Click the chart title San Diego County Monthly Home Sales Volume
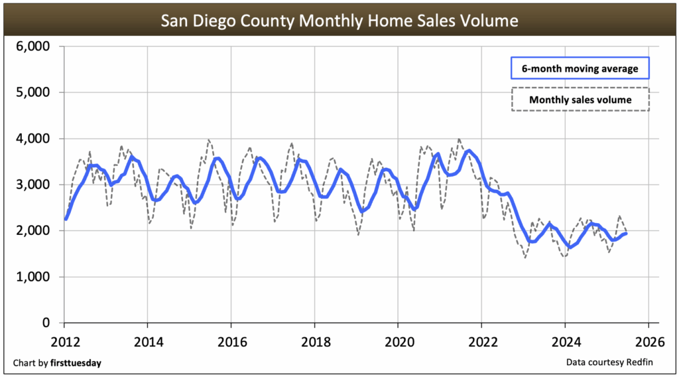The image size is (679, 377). point(339,21)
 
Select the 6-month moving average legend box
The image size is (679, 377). point(580,68)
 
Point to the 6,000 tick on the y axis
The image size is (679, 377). point(32,46)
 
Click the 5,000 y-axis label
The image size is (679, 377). point(32,92)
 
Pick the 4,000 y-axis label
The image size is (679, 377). point(32,139)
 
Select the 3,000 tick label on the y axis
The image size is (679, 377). point(32,185)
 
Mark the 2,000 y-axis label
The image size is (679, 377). point(32,230)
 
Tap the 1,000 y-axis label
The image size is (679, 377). point(32,277)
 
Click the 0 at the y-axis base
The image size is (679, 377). point(45,323)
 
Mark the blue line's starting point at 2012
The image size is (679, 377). point(65,218)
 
